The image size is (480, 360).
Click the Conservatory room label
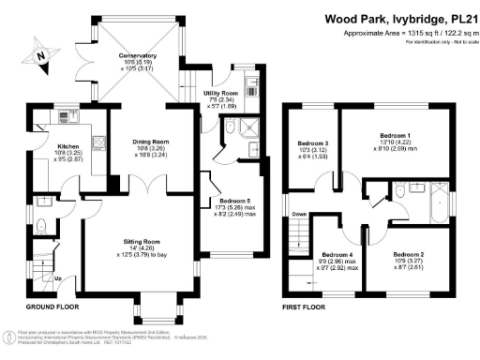coord(137,56)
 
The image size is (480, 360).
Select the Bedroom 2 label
coord(411,254)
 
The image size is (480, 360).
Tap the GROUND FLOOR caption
coord(51,307)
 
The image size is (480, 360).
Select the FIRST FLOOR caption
coord(304,307)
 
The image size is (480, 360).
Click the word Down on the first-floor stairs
coord(298,215)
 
